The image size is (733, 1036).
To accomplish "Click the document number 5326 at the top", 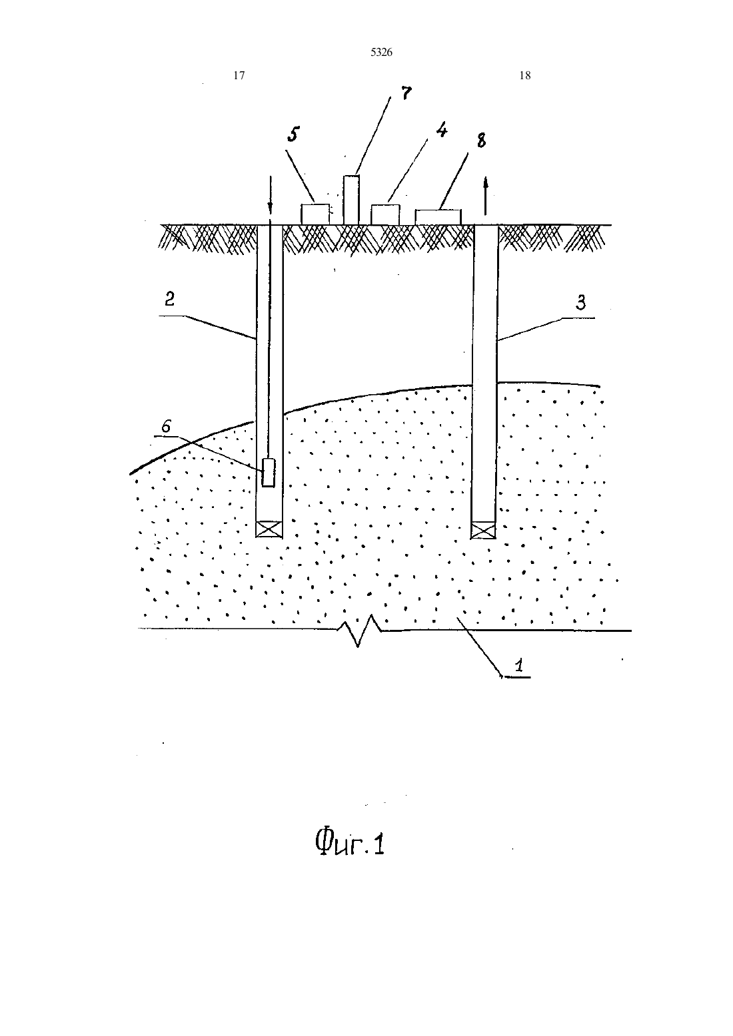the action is (381, 53).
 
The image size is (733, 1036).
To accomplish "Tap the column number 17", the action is (239, 75).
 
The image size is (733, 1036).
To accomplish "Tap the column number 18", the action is (525, 75).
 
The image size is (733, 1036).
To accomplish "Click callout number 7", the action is (406, 93).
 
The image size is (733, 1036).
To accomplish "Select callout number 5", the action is (293, 134).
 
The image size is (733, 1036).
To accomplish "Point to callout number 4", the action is (442, 130).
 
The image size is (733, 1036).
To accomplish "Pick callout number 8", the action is (482, 140).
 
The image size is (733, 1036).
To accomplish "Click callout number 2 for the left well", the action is (170, 299).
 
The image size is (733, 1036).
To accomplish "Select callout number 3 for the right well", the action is (580, 302).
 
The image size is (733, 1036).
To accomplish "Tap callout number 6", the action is (166, 426).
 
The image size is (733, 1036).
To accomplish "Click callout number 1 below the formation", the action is (519, 666).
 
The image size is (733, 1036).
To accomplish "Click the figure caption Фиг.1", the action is (350, 842).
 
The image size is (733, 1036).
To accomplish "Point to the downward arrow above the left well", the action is (271, 195).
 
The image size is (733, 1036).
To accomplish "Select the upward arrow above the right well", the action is (485, 196).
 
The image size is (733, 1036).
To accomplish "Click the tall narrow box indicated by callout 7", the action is (351, 200).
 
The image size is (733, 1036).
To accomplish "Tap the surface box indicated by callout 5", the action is (315, 214).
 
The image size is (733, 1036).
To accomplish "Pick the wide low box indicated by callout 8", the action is (438, 217).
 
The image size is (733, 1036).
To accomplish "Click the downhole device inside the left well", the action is (269, 472).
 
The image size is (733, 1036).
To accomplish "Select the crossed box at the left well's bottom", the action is (269, 529).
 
